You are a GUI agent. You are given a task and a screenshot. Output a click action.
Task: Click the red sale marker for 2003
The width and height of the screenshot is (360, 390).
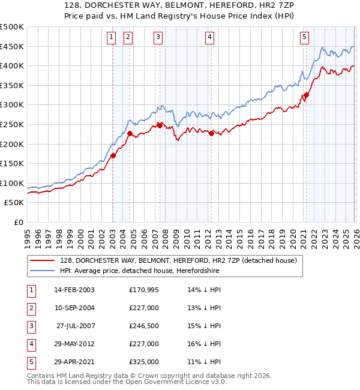point(113,155)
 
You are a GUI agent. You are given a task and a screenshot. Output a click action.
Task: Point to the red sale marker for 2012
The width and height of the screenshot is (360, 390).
point(211,134)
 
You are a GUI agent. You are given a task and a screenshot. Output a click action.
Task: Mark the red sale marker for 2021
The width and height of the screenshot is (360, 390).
point(306,95)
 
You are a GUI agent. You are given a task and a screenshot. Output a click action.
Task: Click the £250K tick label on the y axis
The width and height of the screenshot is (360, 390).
point(12,124)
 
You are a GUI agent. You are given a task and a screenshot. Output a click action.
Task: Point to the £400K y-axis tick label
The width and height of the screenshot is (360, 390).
point(12,66)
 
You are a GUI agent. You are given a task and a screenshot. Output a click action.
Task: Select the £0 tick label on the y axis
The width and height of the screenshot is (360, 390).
point(18,222)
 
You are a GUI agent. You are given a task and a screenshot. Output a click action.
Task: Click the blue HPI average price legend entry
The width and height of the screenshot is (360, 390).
point(139,271)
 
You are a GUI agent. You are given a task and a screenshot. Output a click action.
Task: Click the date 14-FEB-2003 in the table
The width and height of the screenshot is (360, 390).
point(74,290)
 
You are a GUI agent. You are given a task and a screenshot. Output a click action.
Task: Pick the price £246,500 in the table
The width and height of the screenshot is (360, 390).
point(144,326)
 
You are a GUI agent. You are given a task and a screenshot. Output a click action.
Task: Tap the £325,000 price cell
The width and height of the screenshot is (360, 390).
point(144,362)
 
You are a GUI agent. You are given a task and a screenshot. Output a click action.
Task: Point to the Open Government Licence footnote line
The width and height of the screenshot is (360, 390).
point(118,381)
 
